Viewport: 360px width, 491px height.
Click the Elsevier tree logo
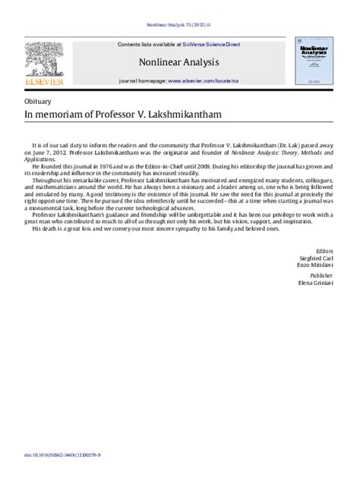[44, 58]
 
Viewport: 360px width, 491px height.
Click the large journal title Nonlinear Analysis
[179, 61]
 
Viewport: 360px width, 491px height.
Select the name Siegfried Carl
[317, 258]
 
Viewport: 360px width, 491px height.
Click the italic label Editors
[324, 250]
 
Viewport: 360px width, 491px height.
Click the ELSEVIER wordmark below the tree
[44, 81]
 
